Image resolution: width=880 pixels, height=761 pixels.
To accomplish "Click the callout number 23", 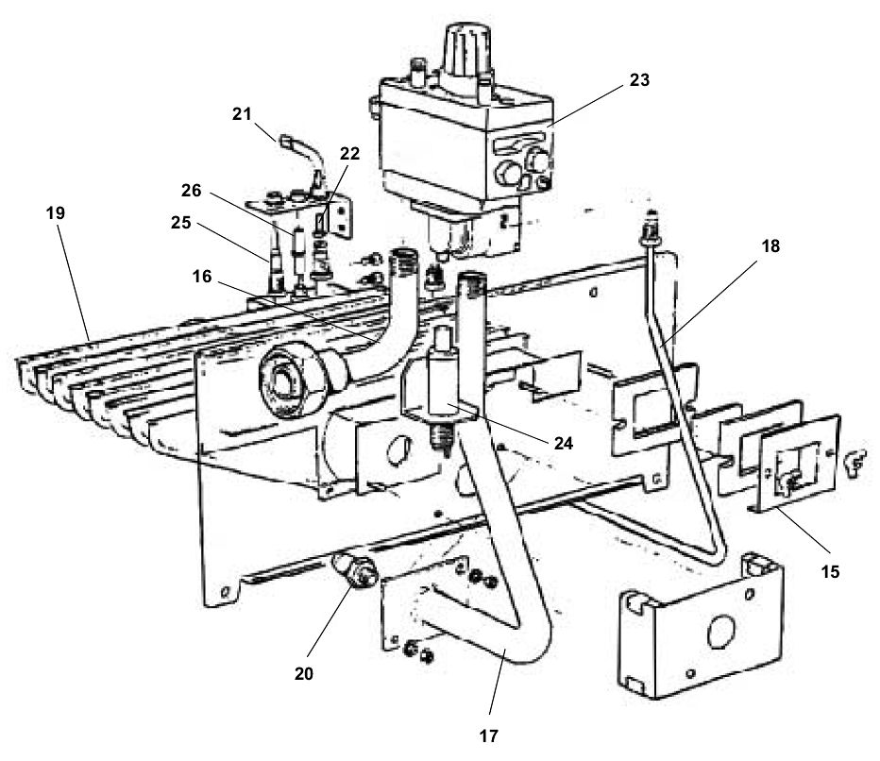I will tap(639, 81).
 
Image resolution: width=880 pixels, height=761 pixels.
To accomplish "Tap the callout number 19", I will tap(55, 213).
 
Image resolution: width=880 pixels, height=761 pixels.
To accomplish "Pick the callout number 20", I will tap(302, 674).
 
